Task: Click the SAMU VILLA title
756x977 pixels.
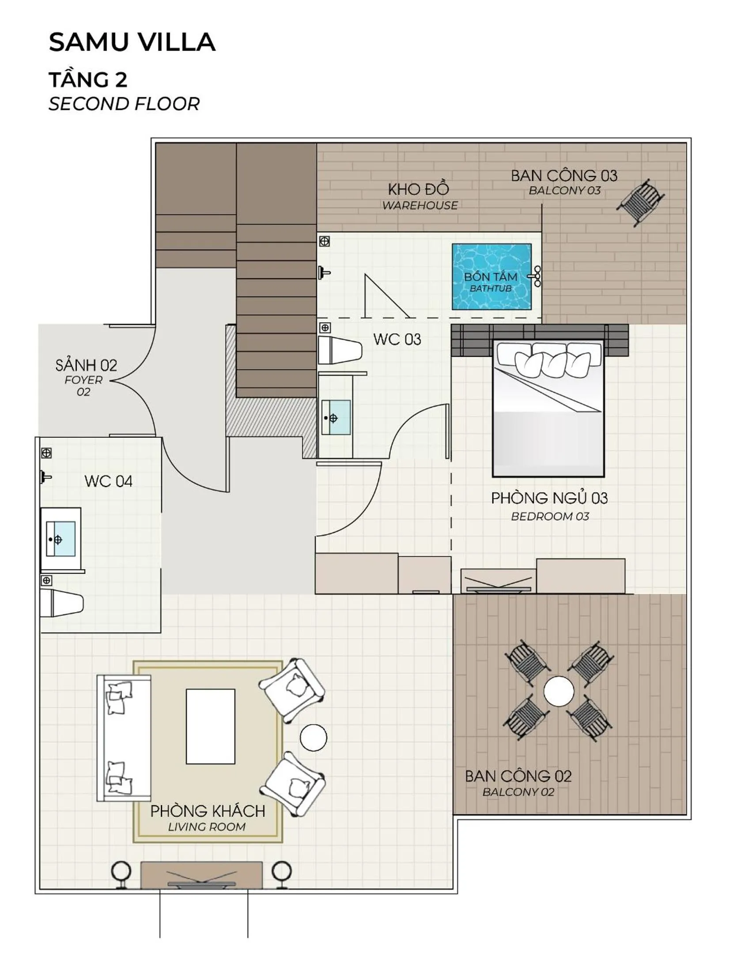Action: (132, 42)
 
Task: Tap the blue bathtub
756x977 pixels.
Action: (491, 277)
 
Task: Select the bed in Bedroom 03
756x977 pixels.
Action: (548, 409)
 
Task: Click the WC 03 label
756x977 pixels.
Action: (397, 340)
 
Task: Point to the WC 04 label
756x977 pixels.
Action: (108, 481)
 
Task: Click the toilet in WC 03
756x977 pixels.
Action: (340, 350)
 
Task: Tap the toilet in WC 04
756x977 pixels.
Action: (62, 603)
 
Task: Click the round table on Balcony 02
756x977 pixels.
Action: (559, 691)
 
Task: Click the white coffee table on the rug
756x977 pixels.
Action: (210, 726)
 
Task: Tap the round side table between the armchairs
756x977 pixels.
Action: (313, 737)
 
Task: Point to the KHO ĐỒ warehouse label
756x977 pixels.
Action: (419, 189)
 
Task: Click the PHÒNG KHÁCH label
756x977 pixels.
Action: (208, 811)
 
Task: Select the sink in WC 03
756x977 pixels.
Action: (336, 417)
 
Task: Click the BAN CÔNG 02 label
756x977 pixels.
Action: (518, 776)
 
